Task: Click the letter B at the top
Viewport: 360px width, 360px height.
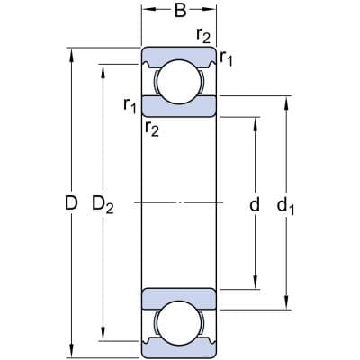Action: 179,13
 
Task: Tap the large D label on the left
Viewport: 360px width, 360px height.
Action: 71,205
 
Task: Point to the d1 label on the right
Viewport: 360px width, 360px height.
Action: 287,206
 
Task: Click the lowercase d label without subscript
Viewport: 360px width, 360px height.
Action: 255,205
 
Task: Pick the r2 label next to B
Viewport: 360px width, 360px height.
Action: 204,36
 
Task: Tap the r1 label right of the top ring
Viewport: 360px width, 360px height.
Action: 227,58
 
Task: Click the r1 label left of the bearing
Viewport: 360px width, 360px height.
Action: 130,106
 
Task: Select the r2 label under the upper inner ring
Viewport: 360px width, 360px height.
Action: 151,130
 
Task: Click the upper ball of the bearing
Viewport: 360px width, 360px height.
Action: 179,80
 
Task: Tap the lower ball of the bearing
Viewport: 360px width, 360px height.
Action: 179,322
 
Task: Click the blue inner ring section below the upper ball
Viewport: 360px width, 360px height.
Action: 179,107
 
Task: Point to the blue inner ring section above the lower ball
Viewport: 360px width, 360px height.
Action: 179,296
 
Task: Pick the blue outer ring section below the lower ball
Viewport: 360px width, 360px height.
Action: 179,349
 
